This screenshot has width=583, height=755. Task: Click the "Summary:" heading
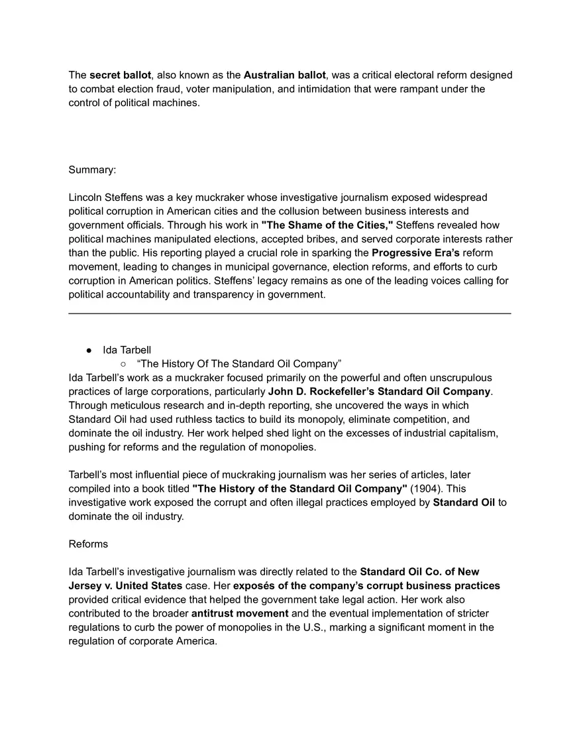[x=92, y=170]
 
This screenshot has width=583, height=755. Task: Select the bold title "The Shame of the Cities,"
[x=327, y=225]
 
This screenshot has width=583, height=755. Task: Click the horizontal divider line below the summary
[x=290, y=314]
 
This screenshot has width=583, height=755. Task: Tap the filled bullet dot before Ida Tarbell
[x=88, y=350]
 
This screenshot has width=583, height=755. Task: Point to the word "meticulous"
[x=138, y=406]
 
